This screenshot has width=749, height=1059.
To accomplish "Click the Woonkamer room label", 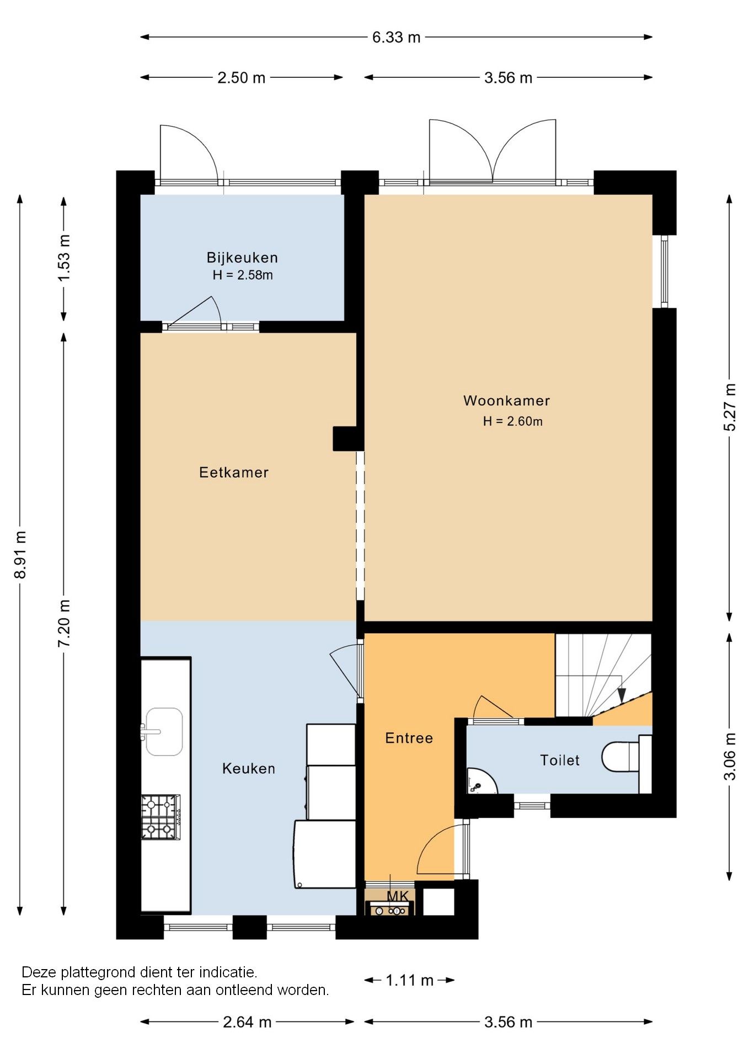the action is (506, 400).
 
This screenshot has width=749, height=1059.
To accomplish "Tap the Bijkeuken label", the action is (242, 258).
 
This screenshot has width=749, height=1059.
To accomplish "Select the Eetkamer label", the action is (234, 472).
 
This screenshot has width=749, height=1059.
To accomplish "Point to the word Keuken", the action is (248, 768).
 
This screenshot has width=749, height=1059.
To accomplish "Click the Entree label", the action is (409, 738).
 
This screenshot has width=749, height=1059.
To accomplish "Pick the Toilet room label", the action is (560, 760).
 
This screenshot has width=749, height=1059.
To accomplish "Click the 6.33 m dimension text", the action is (396, 38).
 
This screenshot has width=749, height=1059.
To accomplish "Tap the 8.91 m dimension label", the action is (20, 555).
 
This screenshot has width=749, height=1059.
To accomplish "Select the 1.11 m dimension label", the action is (409, 980).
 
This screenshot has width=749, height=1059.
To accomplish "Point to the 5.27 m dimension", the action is (729, 407).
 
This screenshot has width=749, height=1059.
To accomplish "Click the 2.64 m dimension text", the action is (247, 1022).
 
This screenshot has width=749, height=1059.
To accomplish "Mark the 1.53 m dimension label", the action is (64, 258).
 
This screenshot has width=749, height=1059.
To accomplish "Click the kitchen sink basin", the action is (164, 732).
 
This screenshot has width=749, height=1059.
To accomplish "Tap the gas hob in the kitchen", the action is (160, 817).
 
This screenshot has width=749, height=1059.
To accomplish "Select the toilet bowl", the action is (620, 757).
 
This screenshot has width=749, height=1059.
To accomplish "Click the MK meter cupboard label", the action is (398, 896).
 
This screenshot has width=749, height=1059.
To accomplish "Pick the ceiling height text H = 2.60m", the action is (512, 421).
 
